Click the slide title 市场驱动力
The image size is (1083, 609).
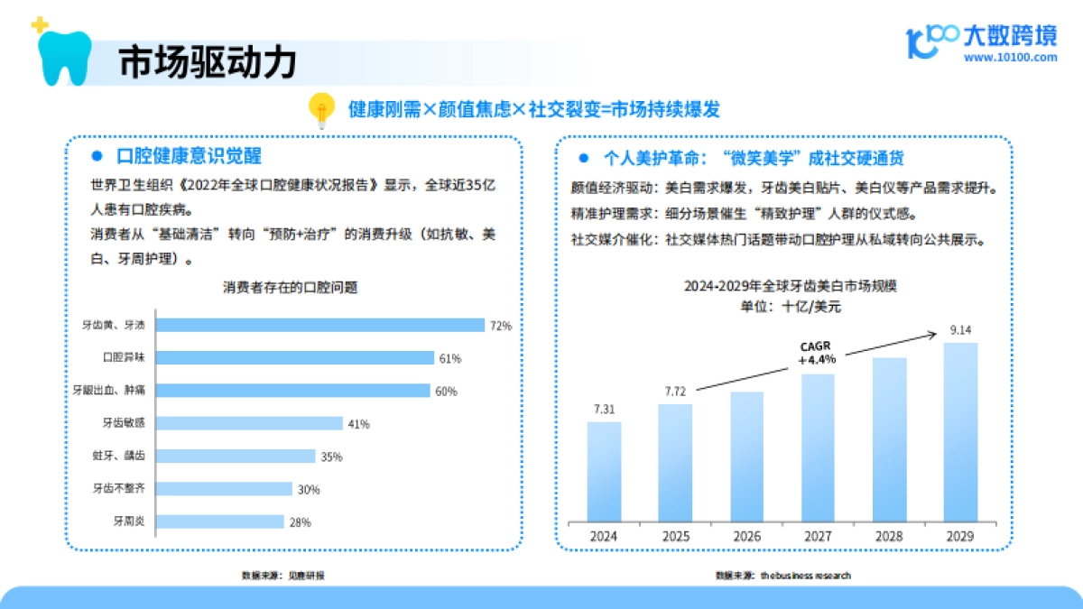[x=207, y=63]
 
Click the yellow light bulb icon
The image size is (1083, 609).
[x=320, y=110]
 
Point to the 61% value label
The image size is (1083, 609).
[x=449, y=358]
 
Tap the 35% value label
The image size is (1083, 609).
[x=331, y=457]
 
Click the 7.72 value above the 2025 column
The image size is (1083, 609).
[x=675, y=392]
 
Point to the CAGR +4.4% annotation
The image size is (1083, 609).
[x=817, y=353]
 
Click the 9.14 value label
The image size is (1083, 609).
[x=960, y=329]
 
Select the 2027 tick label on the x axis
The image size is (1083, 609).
[x=818, y=536]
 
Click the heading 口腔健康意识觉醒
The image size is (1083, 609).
[x=190, y=157]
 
